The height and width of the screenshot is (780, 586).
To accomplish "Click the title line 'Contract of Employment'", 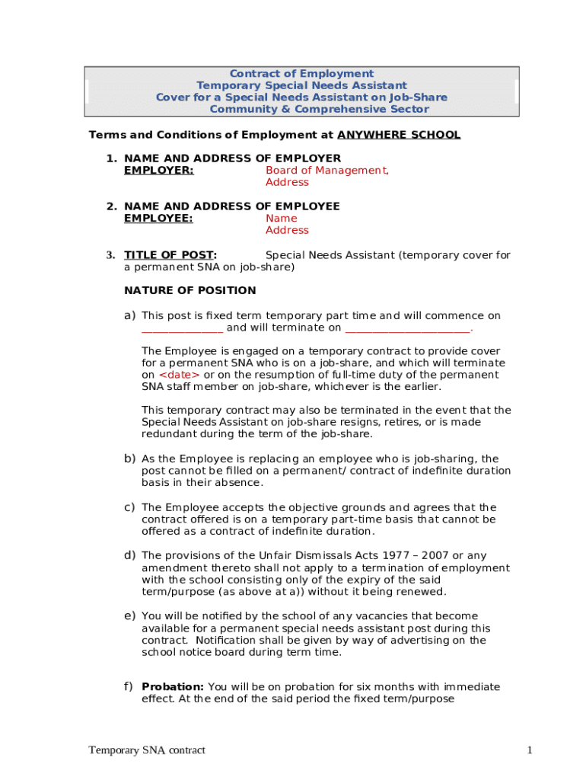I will pyautogui.click(x=301, y=74).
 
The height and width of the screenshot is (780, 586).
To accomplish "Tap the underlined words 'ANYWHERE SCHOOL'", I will pyautogui.click(x=399, y=135).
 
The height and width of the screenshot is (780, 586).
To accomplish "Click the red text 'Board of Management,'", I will pyautogui.click(x=327, y=170).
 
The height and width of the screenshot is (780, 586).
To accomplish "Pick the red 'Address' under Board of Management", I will pyautogui.click(x=287, y=182).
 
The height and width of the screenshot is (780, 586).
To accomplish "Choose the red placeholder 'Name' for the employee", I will pyautogui.click(x=281, y=218).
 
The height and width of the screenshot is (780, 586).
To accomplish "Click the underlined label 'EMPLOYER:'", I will pyautogui.click(x=158, y=170).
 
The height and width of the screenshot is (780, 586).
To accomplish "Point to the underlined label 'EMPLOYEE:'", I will pyautogui.click(x=158, y=218).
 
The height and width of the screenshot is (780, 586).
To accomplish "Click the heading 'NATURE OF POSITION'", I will pyautogui.click(x=190, y=290).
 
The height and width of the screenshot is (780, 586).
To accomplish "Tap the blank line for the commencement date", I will pyautogui.click(x=183, y=328).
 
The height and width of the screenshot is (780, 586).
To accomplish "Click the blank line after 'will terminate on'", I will pyautogui.click(x=408, y=328).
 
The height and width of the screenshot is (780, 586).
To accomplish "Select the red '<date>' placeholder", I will pyautogui.click(x=179, y=375).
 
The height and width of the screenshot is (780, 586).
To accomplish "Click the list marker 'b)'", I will pyautogui.click(x=129, y=459).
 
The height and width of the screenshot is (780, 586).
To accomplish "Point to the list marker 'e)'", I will pyautogui.click(x=129, y=615).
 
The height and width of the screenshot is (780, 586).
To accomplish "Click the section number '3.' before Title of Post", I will pyautogui.click(x=110, y=255).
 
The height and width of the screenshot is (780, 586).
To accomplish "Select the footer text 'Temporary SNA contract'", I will pyautogui.click(x=147, y=750).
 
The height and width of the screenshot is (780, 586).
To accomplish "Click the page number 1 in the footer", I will pyautogui.click(x=529, y=750).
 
